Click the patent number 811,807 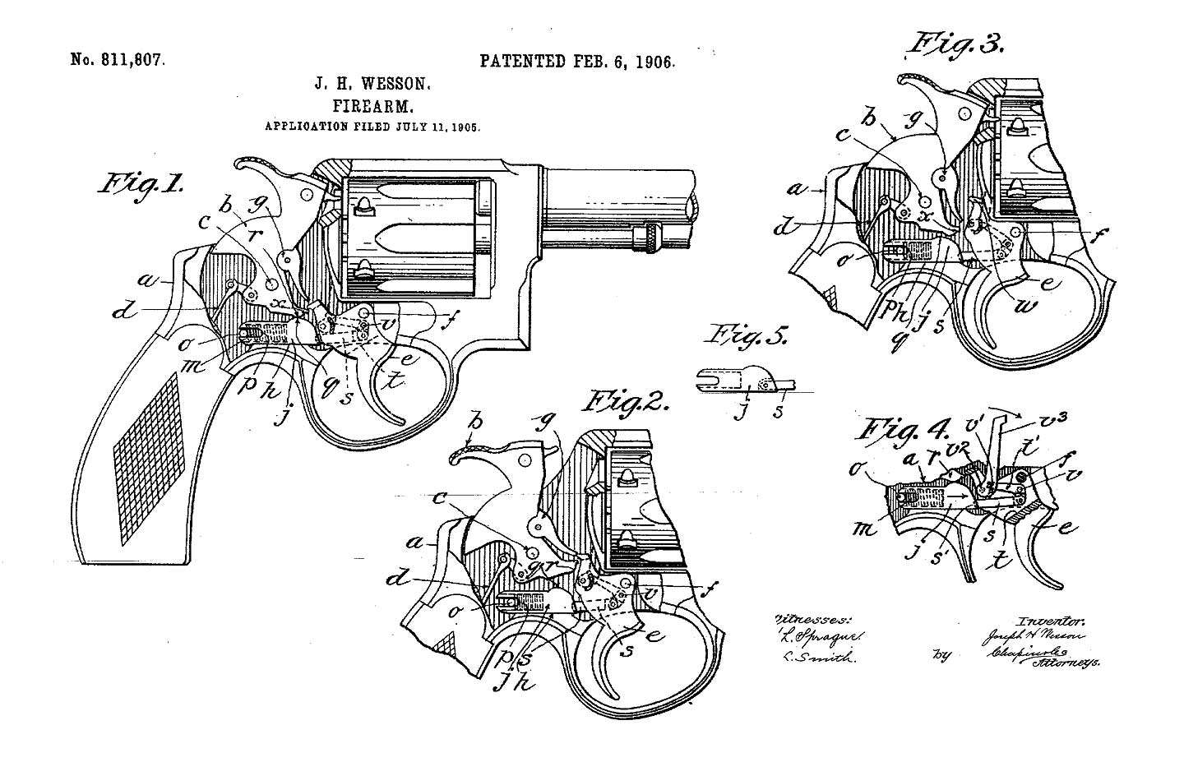click(x=118, y=60)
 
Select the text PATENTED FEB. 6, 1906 click(x=576, y=62)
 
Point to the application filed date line click(x=372, y=127)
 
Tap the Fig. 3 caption click(x=955, y=43)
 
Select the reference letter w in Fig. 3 click(x=1027, y=307)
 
